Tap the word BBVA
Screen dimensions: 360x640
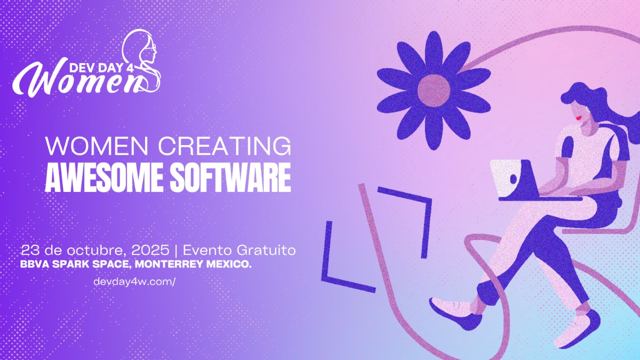tap(33, 264)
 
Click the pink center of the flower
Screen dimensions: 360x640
tap(433, 89)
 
